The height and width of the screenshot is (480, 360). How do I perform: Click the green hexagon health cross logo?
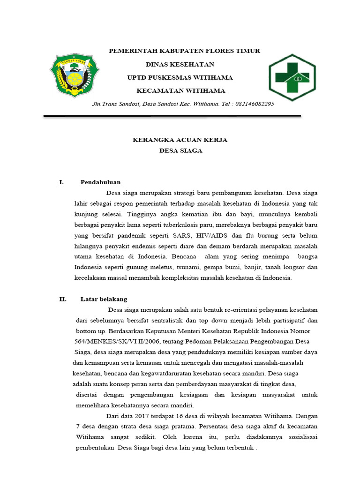(x=292, y=77)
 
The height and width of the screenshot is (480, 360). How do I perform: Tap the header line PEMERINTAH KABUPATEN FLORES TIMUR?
(x=184, y=51)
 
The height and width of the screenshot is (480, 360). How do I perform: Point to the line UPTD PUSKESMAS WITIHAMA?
(x=180, y=77)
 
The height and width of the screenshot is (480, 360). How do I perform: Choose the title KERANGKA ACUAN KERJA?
(x=180, y=140)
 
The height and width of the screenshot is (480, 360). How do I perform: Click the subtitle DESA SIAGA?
(x=180, y=150)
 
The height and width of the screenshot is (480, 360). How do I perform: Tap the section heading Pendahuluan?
(x=100, y=182)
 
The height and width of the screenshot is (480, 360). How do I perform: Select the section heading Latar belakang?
(x=104, y=299)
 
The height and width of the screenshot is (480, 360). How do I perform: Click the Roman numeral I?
(x=61, y=182)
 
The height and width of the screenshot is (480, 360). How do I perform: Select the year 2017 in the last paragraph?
(x=144, y=416)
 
